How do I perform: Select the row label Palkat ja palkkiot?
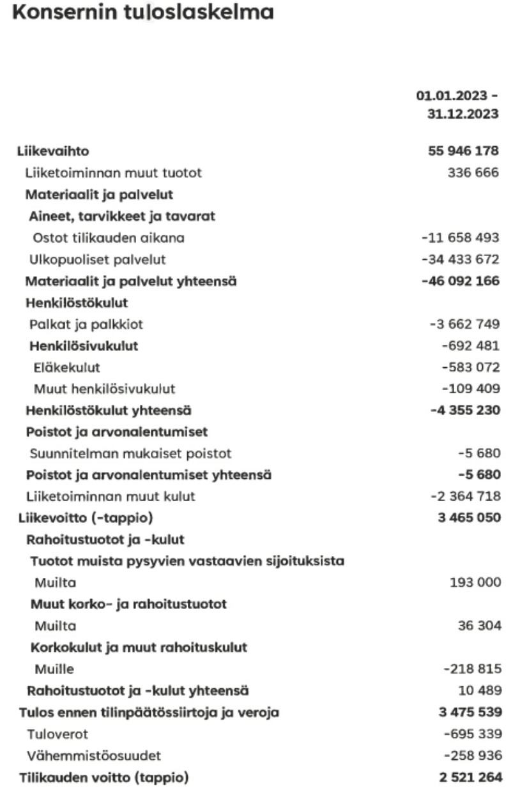click(x=86, y=324)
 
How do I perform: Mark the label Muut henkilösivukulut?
click(x=105, y=389)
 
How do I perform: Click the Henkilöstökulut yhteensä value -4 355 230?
click(x=464, y=411)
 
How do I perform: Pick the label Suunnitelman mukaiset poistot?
click(x=130, y=454)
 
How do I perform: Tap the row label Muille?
click(x=54, y=669)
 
